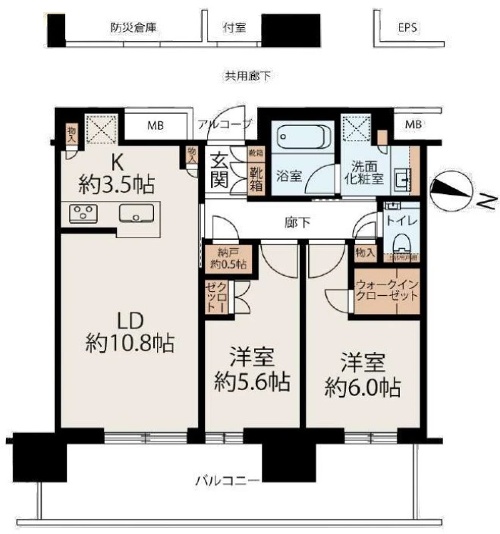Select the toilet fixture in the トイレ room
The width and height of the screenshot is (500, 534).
[401, 242]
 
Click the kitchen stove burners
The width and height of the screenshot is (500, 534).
[81, 214]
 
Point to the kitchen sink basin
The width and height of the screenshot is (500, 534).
[136, 214]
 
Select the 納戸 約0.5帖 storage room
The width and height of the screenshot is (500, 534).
[228, 259]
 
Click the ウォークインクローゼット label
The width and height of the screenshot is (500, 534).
[386, 289]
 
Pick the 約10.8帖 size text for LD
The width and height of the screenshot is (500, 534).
[131, 344]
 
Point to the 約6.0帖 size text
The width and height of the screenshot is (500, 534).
[363, 388]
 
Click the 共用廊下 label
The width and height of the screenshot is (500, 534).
[247, 76]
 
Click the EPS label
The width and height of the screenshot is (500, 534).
[408, 28]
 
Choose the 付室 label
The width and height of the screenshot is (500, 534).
[231, 28]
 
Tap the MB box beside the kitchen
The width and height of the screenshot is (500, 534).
[156, 125]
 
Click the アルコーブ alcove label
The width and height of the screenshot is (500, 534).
[225, 124]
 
